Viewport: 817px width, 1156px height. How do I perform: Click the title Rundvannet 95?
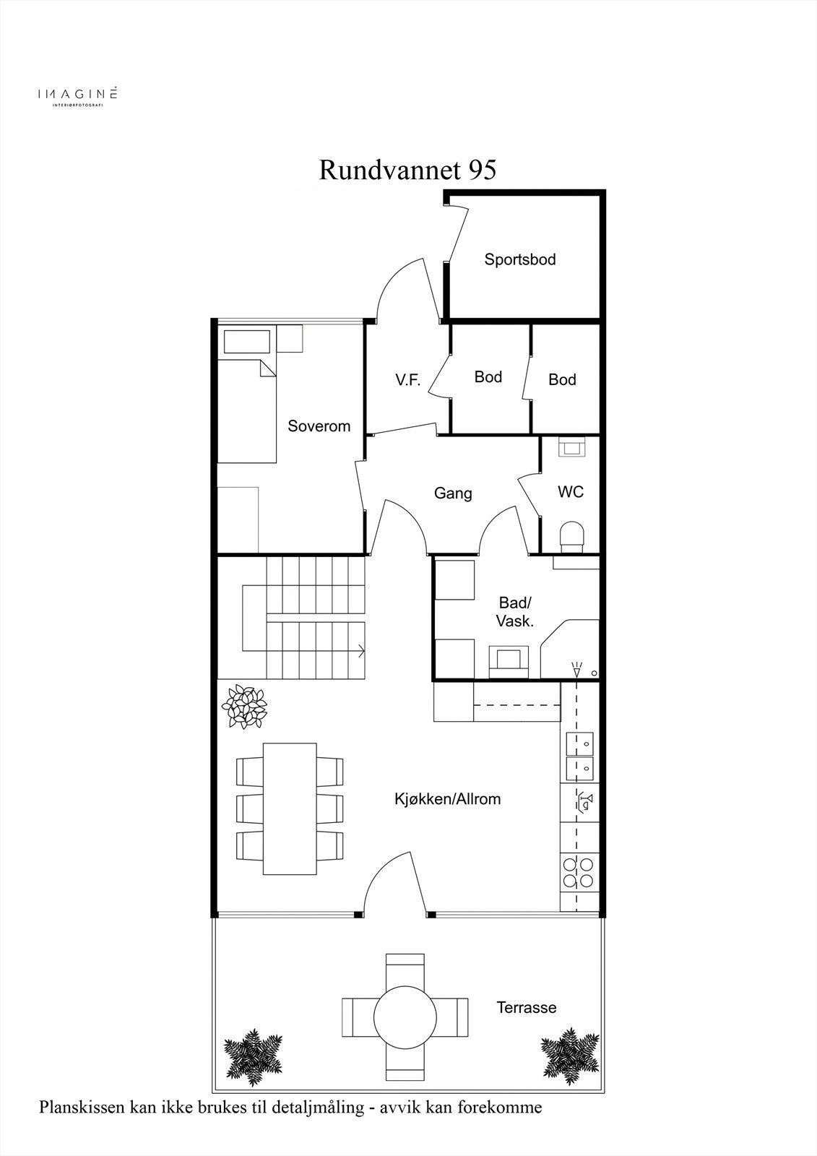click(407, 170)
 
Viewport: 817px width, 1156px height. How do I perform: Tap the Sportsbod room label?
click(520, 259)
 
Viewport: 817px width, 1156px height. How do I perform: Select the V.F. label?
click(407, 380)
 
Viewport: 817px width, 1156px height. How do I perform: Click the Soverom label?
click(319, 426)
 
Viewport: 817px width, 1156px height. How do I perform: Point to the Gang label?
click(453, 493)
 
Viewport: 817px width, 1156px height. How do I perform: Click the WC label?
click(571, 492)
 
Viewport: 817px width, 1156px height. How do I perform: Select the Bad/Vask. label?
click(515, 612)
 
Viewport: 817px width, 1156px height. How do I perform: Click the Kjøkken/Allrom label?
click(447, 799)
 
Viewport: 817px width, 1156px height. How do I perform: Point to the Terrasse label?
click(527, 1007)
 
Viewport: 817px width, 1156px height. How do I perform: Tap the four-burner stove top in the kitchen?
click(578, 872)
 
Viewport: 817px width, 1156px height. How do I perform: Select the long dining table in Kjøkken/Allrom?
click(290, 808)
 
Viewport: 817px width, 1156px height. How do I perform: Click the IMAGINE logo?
click(77, 95)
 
